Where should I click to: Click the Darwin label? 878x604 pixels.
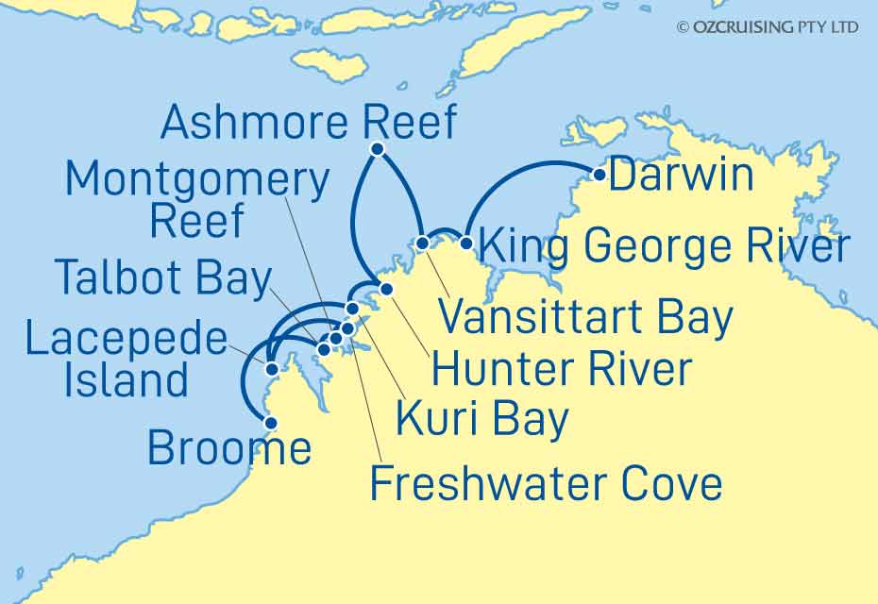pyautogui.click(x=682, y=176)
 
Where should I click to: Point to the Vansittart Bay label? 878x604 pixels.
pyautogui.click(x=586, y=318)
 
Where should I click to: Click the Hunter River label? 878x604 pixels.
pyautogui.click(x=562, y=368)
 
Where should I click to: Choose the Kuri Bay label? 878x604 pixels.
pyautogui.click(x=481, y=418)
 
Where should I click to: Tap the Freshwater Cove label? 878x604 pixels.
pyautogui.click(x=546, y=484)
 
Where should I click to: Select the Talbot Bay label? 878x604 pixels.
pyautogui.click(x=162, y=277)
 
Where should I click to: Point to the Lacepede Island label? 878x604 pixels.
pyautogui.click(x=127, y=361)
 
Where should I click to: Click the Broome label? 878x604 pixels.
pyautogui.click(x=229, y=448)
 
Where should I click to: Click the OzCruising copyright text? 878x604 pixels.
pyautogui.click(x=768, y=27)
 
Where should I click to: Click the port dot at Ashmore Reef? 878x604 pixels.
pyautogui.click(x=378, y=149)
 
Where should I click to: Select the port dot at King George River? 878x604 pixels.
pyautogui.click(x=465, y=243)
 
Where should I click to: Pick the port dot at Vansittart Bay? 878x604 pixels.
pyautogui.click(x=423, y=243)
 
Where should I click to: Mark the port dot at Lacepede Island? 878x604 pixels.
pyautogui.click(x=271, y=369)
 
